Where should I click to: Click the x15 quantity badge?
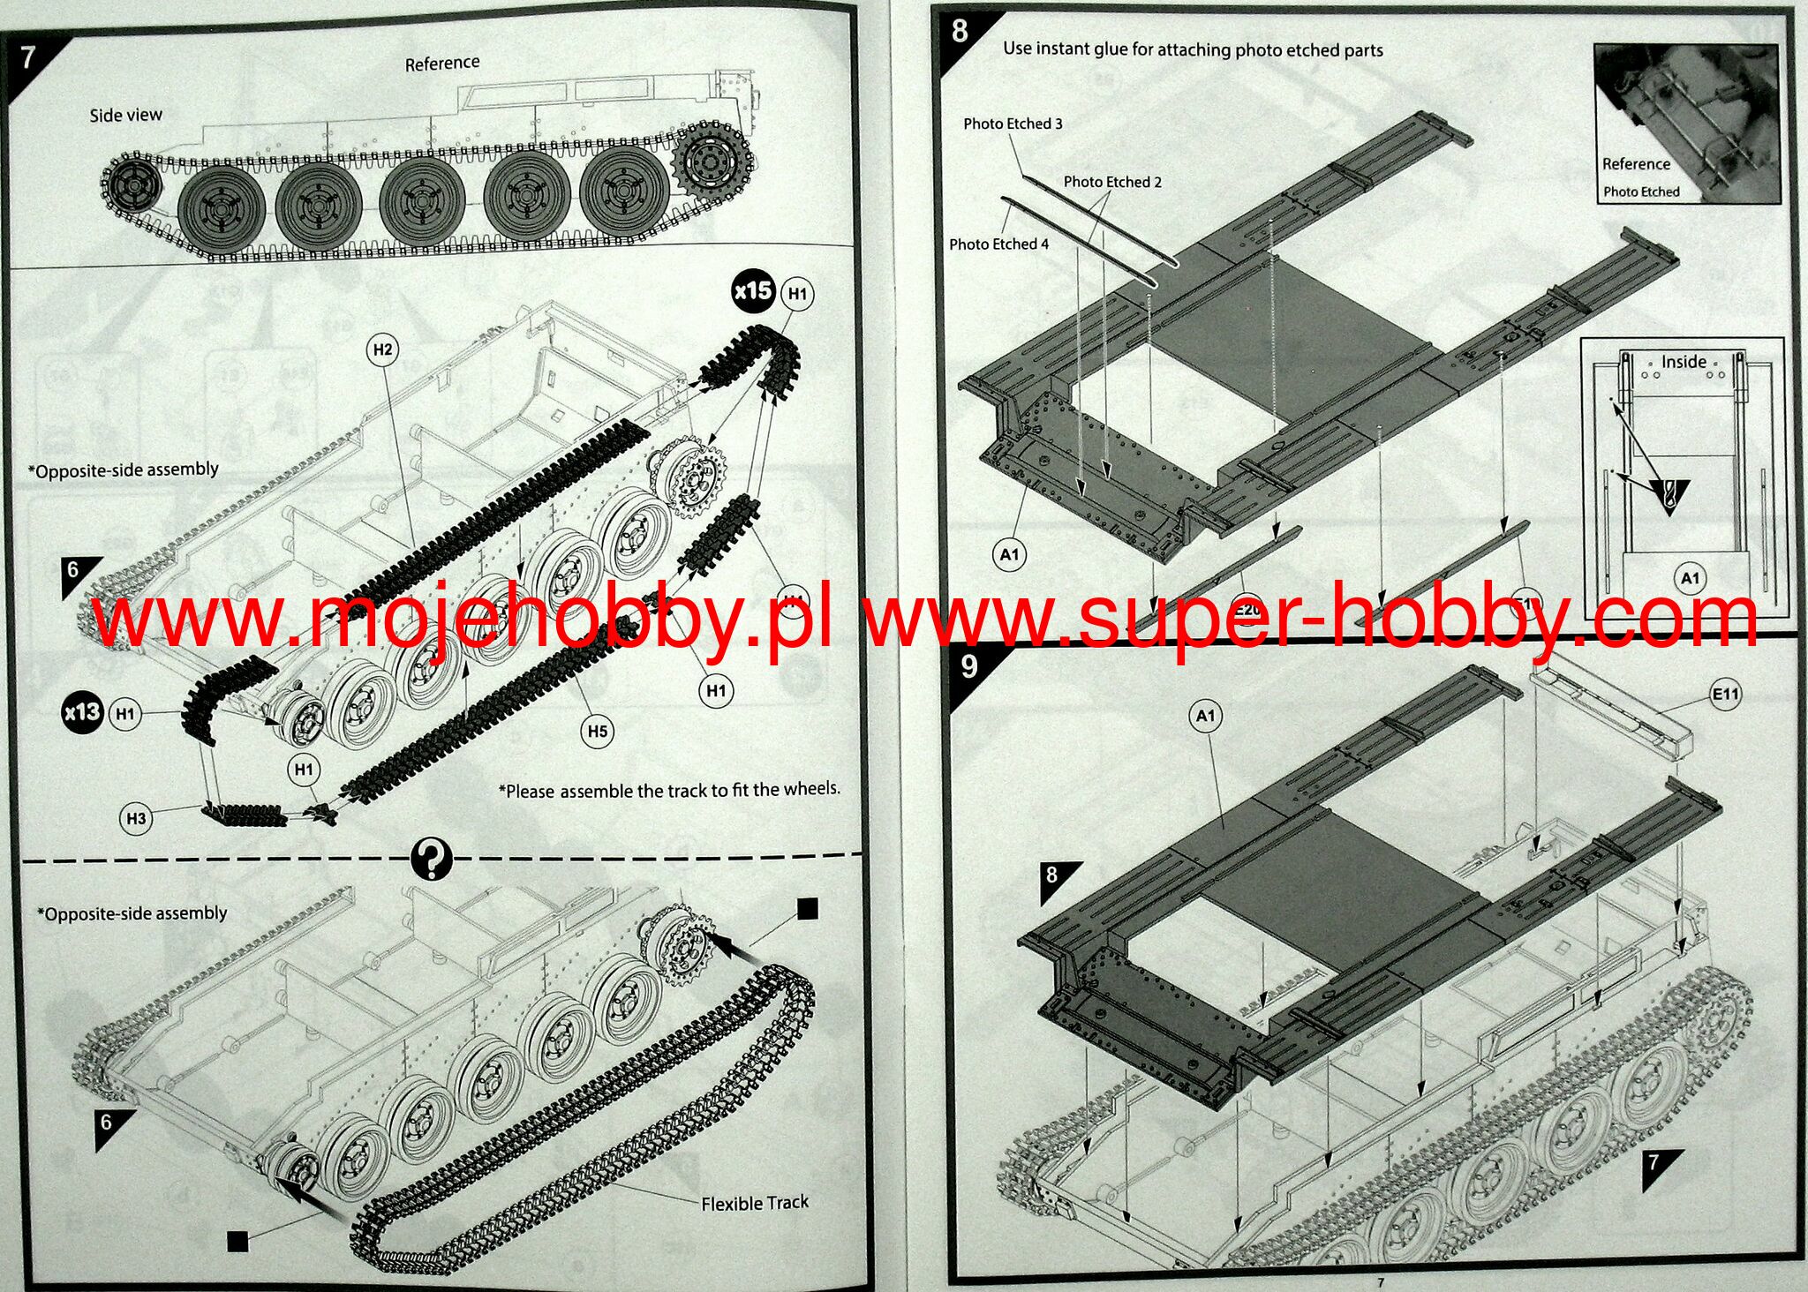point(753,290)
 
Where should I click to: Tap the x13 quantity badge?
point(82,712)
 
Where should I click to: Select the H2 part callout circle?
point(382,349)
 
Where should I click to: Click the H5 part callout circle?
point(598,731)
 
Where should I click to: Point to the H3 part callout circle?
point(136,818)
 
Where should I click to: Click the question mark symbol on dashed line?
point(432,858)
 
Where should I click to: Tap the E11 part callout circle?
point(1725,695)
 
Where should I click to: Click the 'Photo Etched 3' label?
point(1013,124)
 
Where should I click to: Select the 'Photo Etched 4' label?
point(998,244)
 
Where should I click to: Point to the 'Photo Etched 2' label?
point(1112,182)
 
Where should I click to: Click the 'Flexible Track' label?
point(755,1203)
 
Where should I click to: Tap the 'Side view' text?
point(126,115)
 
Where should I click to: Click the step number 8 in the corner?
point(960,32)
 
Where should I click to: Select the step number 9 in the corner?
point(969,666)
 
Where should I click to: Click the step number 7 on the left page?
point(27,56)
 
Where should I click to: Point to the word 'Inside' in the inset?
point(1684,362)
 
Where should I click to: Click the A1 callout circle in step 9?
point(1205,716)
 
